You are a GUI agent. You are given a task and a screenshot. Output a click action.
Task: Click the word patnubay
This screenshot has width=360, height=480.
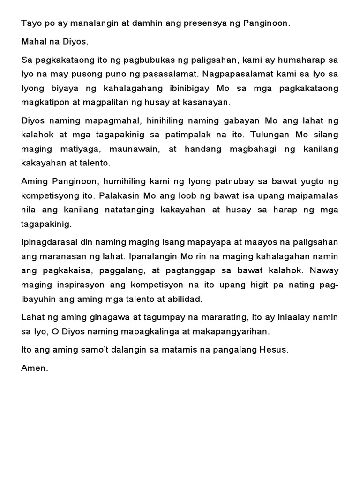pos(232,181)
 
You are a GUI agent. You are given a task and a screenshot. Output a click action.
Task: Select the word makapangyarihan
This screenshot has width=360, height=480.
pos(234,331)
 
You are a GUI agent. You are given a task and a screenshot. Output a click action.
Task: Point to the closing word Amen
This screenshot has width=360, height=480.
pos(34,368)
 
